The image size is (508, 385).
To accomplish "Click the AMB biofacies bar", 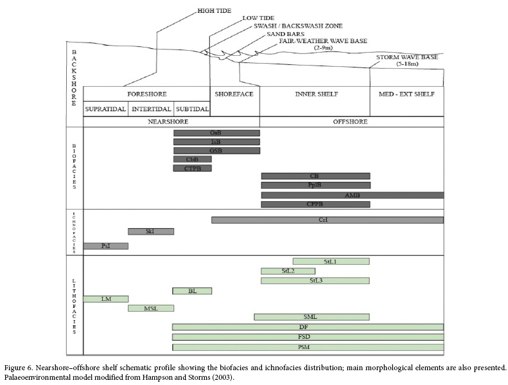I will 352,195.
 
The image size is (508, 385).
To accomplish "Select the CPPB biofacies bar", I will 315,204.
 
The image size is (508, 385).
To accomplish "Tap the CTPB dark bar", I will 193,168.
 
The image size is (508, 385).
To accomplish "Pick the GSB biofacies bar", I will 216,150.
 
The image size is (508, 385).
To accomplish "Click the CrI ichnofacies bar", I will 328,220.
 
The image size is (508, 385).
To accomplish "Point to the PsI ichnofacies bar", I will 106,246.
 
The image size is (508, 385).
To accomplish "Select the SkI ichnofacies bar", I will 150,231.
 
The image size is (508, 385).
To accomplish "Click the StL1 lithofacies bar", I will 331,261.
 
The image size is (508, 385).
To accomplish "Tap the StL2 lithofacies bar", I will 288,271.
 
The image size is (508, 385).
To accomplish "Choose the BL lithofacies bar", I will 192,291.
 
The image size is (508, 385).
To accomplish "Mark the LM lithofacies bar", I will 106,299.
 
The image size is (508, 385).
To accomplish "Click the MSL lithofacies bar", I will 150,308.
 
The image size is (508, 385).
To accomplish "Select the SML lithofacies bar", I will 311,317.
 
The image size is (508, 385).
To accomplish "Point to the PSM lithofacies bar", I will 308,347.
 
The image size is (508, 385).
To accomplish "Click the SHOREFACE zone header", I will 234,94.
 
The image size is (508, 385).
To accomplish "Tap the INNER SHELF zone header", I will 314,94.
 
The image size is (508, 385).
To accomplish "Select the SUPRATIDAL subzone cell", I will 106,109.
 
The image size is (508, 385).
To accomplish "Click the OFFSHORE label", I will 351,121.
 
